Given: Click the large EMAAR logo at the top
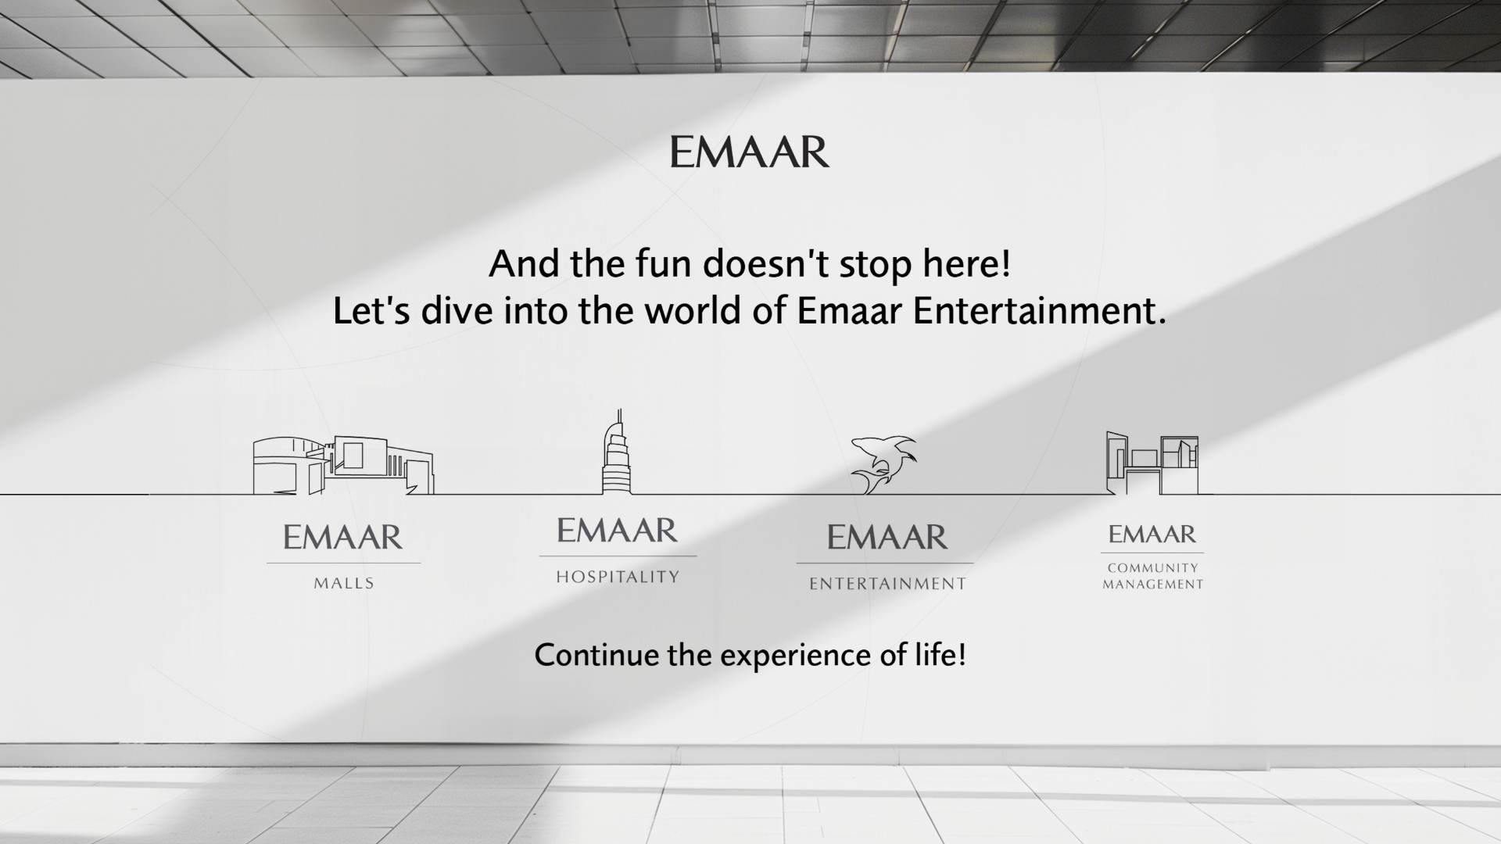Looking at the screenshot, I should (749, 152).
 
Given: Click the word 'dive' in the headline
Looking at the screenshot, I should (457, 311).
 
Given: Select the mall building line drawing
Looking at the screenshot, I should (342, 465).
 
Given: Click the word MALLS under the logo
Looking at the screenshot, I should (344, 583).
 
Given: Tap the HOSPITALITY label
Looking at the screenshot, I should (618, 577).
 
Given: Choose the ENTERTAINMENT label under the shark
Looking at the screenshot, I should (887, 584).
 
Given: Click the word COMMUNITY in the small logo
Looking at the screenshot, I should (1152, 568).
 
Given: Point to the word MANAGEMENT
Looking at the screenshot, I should (1152, 585).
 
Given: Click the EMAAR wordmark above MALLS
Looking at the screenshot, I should (342, 537).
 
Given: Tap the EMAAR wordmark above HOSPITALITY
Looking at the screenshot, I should (617, 531).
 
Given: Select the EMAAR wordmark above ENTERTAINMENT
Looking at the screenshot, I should (887, 537).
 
